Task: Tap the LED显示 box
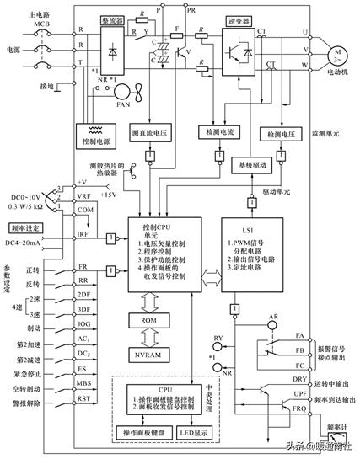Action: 196,433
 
